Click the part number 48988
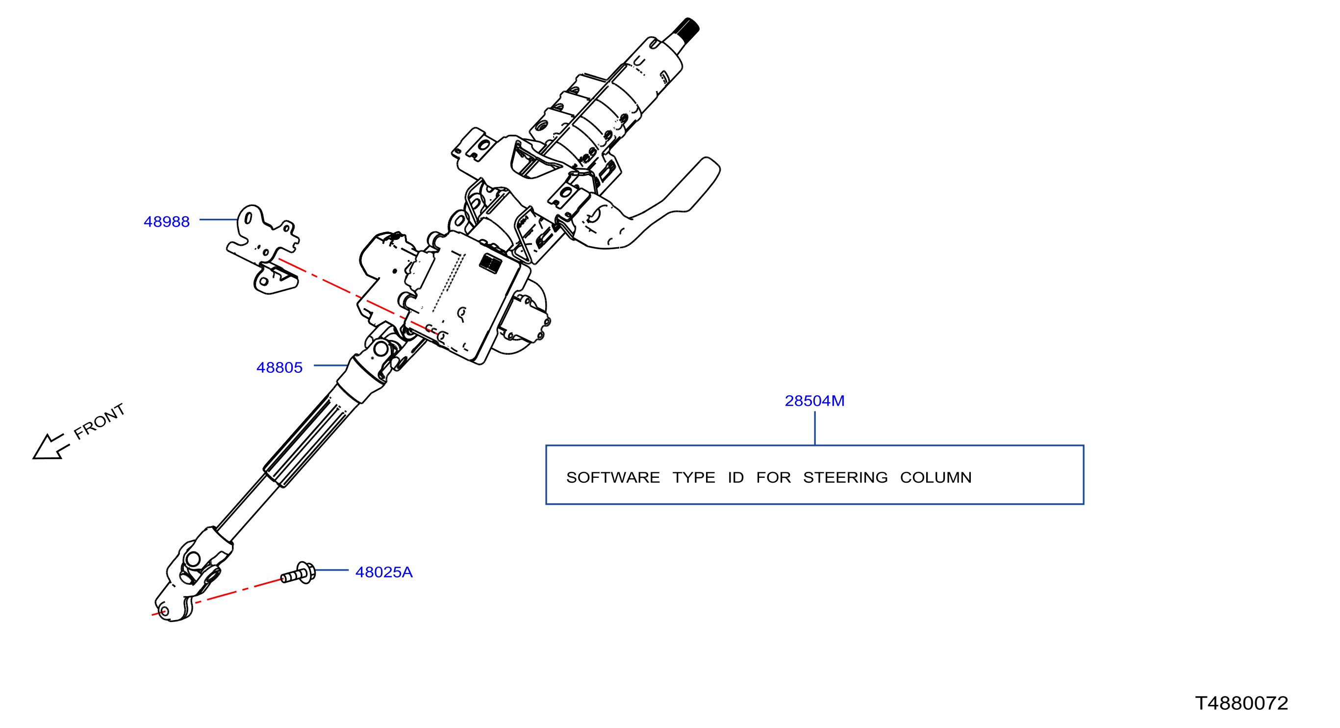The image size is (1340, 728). pyautogui.click(x=167, y=222)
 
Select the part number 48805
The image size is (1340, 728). pyautogui.click(x=279, y=368)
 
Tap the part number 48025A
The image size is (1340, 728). pyautogui.click(x=384, y=572)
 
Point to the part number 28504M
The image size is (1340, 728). pyautogui.click(x=814, y=401)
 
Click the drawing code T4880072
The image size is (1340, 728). pyautogui.click(x=1241, y=703)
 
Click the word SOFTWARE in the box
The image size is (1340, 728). pyautogui.click(x=613, y=478)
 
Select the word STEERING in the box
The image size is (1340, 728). pyautogui.click(x=845, y=478)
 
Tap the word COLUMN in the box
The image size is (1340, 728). pyautogui.click(x=936, y=478)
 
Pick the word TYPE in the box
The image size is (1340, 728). pyautogui.click(x=694, y=478)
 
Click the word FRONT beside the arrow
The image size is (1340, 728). pyautogui.click(x=100, y=421)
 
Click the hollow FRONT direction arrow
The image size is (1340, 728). pyautogui.click(x=50, y=447)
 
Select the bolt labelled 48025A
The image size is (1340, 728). pyautogui.click(x=298, y=573)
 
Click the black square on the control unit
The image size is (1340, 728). pyautogui.click(x=490, y=263)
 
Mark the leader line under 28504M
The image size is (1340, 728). pyautogui.click(x=814, y=428)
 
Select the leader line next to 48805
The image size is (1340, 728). pyautogui.click(x=331, y=365)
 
